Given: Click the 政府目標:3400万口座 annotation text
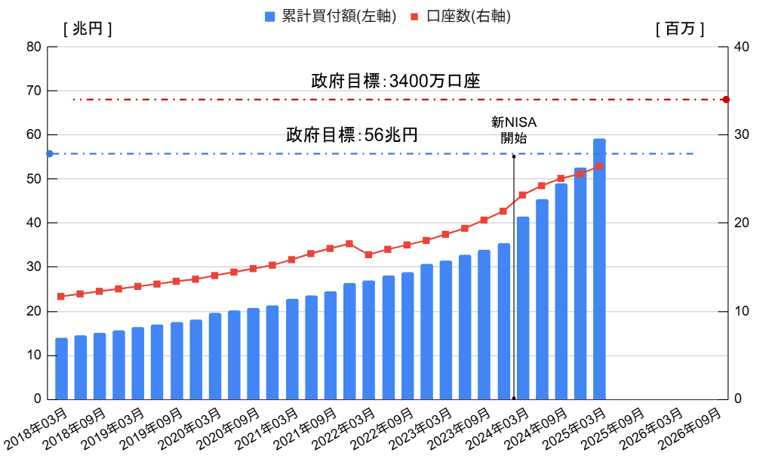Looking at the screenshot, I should click(x=395, y=81).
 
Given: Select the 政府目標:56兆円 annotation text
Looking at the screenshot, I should click(x=352, y=135).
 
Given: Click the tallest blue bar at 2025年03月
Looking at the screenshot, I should click(x=599, y=268).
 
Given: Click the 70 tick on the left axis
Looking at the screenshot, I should click(x=33, y=91).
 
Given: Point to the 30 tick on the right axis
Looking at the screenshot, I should click(x=742, y=134).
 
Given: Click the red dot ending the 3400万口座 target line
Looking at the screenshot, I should click(x=726, y=100).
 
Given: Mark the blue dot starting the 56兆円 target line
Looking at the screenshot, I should click(x=49, y=154).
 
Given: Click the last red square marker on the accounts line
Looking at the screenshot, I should click(x=599, y=166).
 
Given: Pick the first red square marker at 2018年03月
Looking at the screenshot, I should click(x=61, y=297).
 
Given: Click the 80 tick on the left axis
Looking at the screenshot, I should click(x=33, y=47).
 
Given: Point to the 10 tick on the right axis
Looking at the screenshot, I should click(x=742, y=311).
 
